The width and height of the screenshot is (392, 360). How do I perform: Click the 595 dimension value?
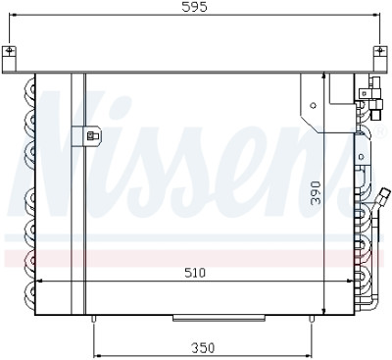(x=195, y=7)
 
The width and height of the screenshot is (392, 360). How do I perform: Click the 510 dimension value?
(x=195, y=273)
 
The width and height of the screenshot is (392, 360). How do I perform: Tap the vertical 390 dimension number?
(x=316, y=193)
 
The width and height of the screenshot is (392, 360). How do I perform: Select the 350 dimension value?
(x=203, y=348)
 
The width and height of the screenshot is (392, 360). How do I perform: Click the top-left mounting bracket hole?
(x=10, y=50)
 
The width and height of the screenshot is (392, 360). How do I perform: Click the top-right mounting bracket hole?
(x=379, y=50)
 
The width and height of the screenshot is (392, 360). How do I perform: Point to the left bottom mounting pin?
(x=94, y=319)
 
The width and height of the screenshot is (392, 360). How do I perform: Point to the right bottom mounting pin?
(x=312, y=319)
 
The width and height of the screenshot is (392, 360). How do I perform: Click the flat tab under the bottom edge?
(x=219, y=318)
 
